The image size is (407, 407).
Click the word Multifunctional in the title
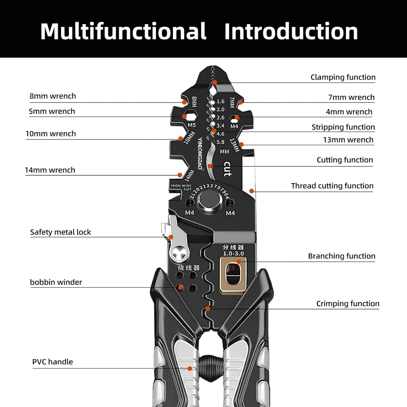point(123,31)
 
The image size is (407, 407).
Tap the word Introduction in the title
point(291,31)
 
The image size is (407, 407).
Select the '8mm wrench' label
point(53,96)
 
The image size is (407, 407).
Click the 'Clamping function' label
point(343,77)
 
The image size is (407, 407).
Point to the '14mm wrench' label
point(50,170)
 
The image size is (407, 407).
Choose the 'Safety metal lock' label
point(61,232)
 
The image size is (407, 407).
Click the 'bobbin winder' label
point(56,282)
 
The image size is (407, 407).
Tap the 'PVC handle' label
point(53,362)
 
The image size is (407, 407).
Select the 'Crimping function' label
point(348,304)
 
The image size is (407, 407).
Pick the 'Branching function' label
point(342,256)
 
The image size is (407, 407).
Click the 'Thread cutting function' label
point(332,186)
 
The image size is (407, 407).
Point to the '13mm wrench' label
point(348,140)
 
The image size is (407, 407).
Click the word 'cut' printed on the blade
point(227,169)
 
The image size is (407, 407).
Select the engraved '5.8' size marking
point(220,142)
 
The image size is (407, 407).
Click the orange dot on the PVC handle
point(190,368)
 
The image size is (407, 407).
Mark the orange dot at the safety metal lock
point(171,237)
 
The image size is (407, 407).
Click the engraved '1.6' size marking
point(220,101)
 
